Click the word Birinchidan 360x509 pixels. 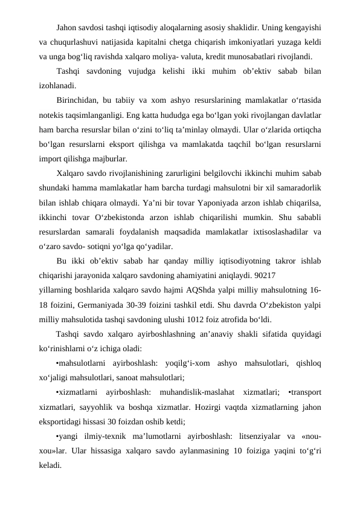coord(77,99)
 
